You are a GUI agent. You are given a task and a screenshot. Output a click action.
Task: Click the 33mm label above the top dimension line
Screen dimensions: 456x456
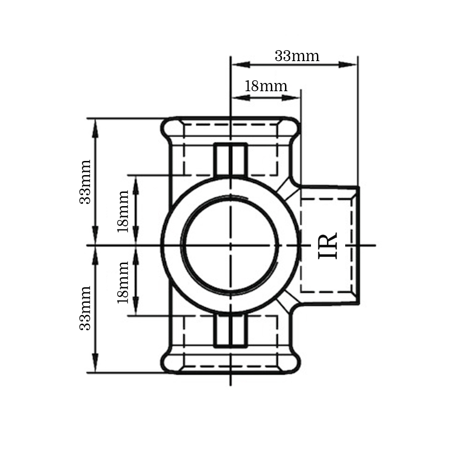coord(297,56)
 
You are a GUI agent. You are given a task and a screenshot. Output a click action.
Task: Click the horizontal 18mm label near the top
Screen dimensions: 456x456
coord(266,86)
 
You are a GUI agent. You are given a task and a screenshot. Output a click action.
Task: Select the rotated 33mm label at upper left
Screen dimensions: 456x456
coord(86,182)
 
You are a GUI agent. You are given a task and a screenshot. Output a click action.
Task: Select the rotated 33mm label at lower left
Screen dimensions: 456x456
coord(86,308)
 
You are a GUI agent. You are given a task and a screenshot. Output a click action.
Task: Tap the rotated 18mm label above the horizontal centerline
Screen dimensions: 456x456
coord(123,211)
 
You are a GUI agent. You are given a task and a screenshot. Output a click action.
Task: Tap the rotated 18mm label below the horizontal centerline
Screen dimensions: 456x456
coord(123,282)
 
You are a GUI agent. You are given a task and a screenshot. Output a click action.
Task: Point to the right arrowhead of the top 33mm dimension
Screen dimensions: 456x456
coord(348,65)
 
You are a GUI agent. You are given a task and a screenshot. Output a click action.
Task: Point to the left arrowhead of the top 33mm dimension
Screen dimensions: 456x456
coord(241,65)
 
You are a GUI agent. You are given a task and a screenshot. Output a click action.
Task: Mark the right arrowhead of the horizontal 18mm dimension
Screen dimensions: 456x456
coord(291,98)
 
